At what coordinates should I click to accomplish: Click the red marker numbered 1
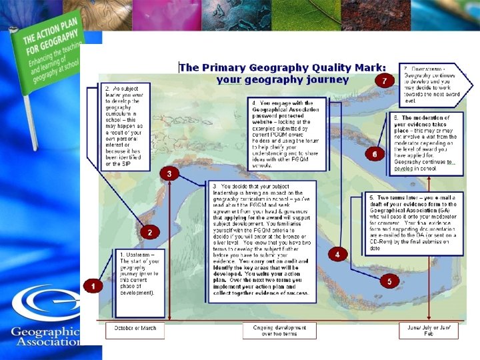click(93, 286)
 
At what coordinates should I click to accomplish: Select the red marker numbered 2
click(150, 233)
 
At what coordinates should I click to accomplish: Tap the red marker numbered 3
click(169, 173)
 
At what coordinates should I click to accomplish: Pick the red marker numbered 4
click(337, 255)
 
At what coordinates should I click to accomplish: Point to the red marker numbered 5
click(389, 282)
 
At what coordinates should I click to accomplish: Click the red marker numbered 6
click(375, 155)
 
